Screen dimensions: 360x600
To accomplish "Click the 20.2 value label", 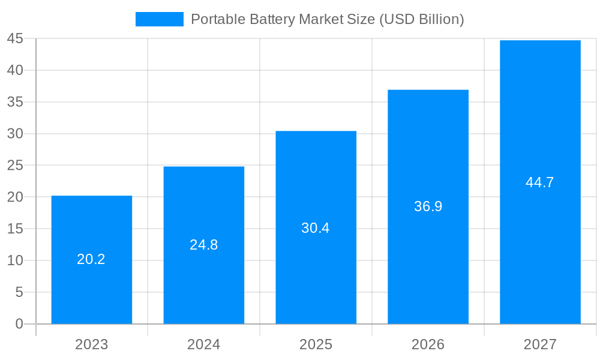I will tap(91, 259).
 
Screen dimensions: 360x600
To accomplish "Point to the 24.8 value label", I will tap(204, 245).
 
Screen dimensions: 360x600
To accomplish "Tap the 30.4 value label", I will tap(316, 228).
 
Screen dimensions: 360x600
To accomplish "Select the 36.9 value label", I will tap(428, 206).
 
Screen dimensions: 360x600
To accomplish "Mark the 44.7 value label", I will tap(540, 183).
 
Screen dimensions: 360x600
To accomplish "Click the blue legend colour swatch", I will tap(160, 19).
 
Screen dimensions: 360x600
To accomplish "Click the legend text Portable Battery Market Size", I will tap(327, 19).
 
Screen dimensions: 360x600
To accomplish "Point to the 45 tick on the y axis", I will tap(15, 39).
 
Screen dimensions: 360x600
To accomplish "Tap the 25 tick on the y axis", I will tap(15, 166).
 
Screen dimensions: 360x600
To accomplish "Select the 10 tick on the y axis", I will tap(15, 260).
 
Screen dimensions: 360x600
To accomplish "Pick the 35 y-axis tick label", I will tap(15, 102).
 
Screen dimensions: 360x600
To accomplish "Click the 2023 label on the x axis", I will tap(92, 344).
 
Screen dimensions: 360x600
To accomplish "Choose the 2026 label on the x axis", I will tap(428, 344).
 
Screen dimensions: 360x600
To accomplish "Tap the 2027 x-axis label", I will tap(540, 344).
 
